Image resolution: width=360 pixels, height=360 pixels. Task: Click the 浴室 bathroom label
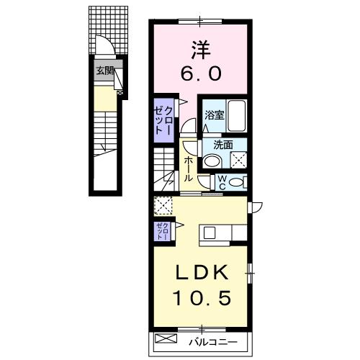pos(214,115)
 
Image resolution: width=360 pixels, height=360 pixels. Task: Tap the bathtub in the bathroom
pos(237,116)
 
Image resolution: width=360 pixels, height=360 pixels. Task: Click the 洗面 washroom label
pos(222,144)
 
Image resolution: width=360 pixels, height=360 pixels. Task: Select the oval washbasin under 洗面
pos(211,161)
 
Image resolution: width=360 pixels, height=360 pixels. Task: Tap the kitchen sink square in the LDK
pos(210,233)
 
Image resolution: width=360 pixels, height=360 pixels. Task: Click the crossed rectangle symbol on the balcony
pos(166,338)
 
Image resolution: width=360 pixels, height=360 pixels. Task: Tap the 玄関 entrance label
pos(104,71)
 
